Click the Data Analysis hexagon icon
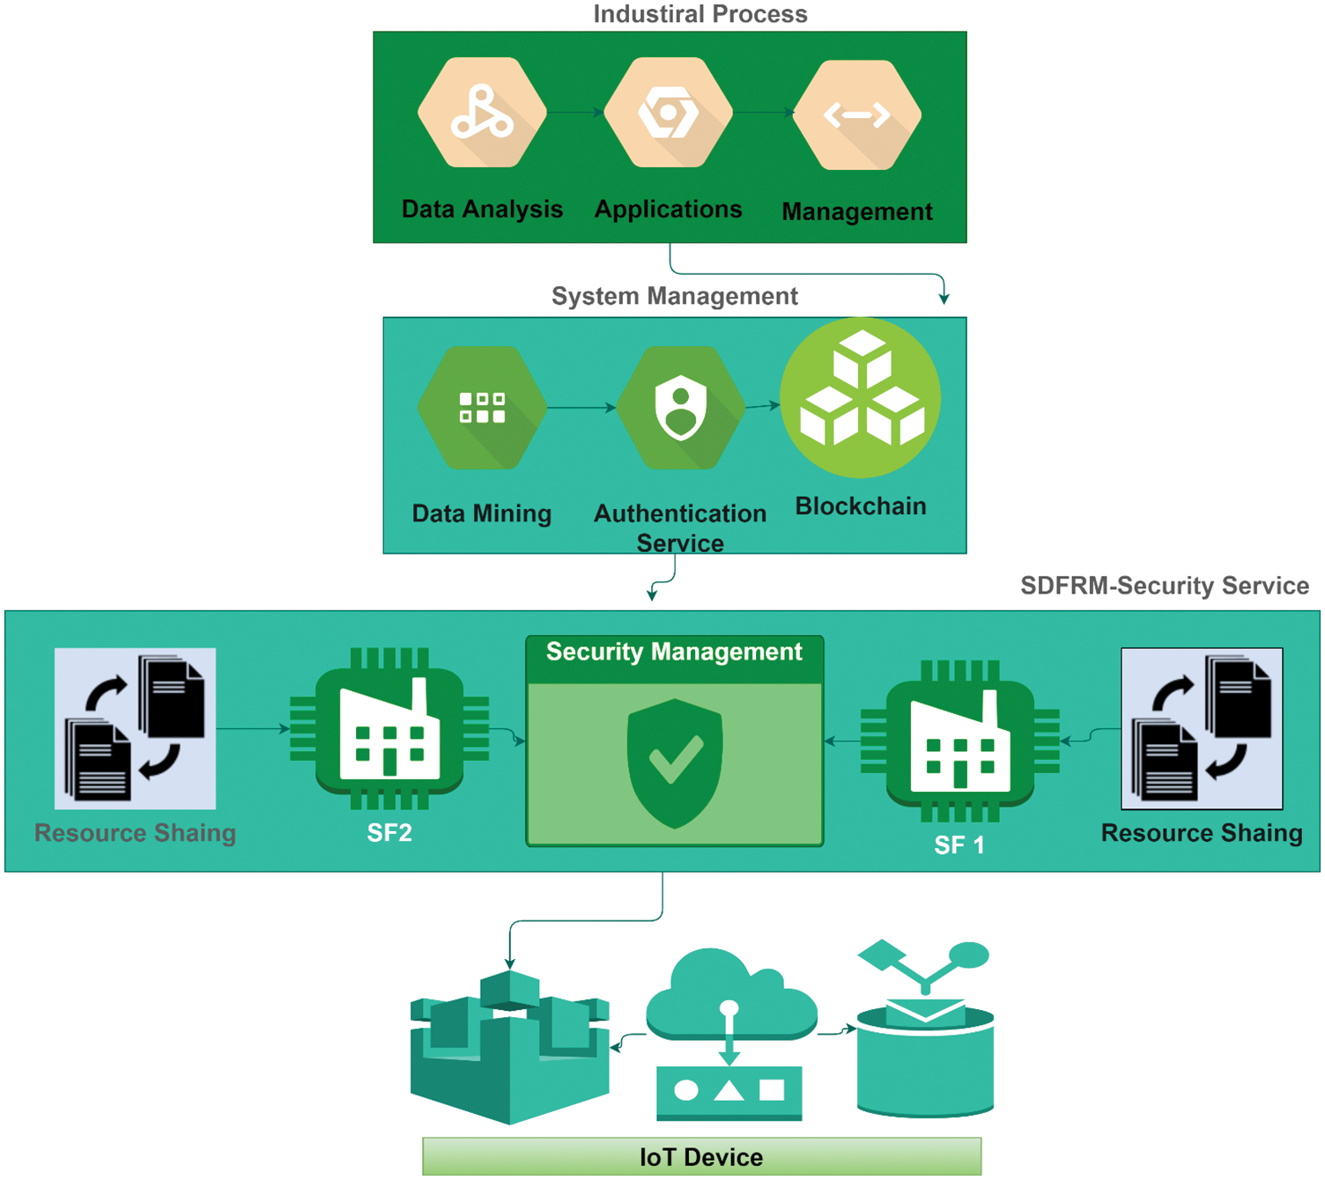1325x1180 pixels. coord(482,113)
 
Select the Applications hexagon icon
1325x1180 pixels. coord(669,113)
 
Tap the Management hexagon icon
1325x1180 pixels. coord(857,115)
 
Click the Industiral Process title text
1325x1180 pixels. coord(700,14)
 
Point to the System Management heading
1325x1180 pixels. coord(674,296)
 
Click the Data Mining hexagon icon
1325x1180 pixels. coord(482,408)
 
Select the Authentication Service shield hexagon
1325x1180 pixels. coord(680,408)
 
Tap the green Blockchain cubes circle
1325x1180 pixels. coord(861,398)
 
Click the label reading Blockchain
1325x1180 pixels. coord(861,506)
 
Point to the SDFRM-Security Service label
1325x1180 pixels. coord(1164,586)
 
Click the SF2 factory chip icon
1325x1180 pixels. coord(389,728)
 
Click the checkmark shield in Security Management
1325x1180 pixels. coord(675,763)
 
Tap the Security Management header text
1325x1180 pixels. coord(674,652)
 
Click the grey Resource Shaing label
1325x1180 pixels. coord(135,833)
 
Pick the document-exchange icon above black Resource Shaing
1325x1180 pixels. coord(1202,728)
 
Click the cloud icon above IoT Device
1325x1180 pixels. coord(730,995)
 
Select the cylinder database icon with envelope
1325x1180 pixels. coord(925,1048)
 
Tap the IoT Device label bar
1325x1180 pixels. coord(701,1156)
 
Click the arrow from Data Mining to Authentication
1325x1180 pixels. coord(581,408)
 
